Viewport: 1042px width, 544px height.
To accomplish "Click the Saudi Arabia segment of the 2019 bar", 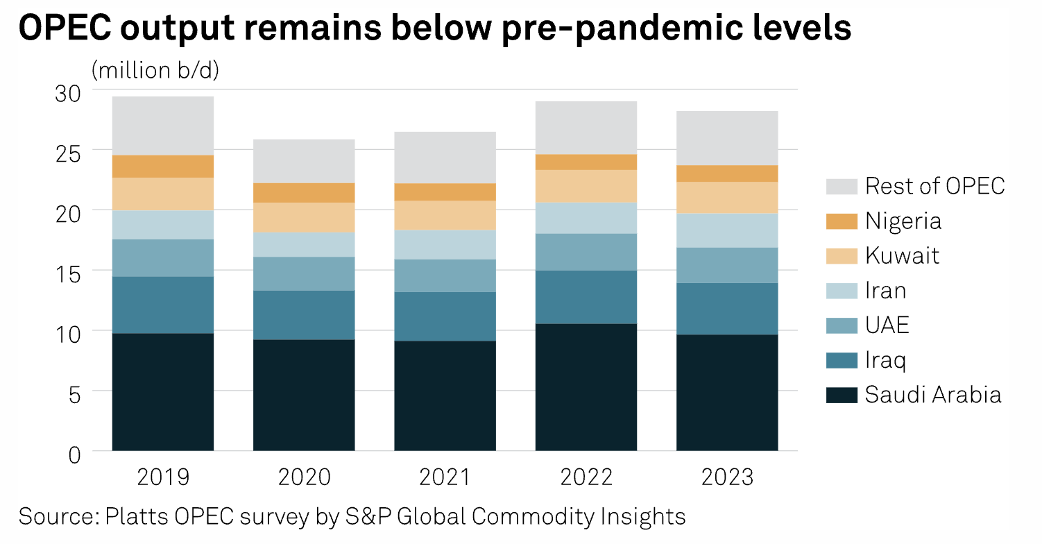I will [163, 392].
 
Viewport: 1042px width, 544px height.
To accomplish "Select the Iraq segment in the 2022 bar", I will [586, 297].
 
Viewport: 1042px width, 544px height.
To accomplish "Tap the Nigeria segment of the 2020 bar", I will [304, 193].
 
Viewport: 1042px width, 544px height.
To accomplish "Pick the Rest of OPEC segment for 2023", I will [727, 137].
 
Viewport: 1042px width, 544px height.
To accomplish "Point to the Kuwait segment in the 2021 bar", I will [445, 215].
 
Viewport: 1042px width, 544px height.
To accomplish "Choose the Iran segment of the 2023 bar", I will [727, 230].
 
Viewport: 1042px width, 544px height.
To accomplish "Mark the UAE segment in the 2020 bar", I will [304, 274].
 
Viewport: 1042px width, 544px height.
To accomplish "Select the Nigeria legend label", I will [903, 221].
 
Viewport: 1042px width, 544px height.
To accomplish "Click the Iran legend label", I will [885, 290].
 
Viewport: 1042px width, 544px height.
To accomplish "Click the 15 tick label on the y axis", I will [67, 271].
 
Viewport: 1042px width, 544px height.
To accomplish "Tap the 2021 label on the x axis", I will [445, 478].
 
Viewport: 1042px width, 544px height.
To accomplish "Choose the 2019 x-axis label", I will [163, 478].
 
